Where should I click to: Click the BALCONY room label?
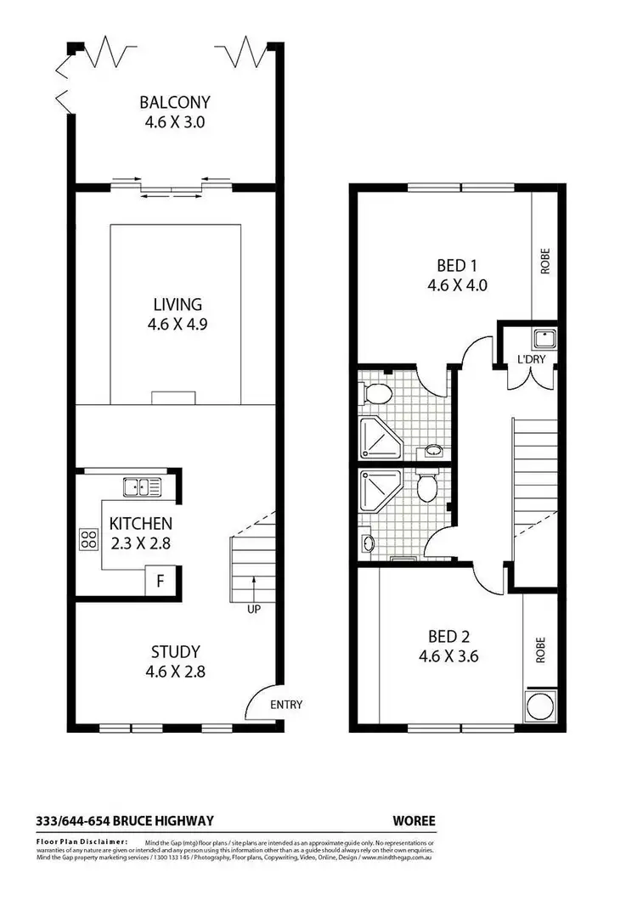click(x=175, y=103)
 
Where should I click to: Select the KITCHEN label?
click(x=139, y=524)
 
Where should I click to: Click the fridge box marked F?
click(x=159, y=583)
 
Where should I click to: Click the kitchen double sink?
click(x=143, y=487)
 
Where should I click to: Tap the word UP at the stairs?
click(x=253, y=610)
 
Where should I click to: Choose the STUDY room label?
click(x=175, y=652)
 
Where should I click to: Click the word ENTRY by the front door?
click(x=285, y=705)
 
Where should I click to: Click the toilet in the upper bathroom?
click(x=376, y=393)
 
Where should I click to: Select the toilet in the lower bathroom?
click(x=426, y=487)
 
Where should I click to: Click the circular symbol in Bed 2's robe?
click(x=538, y=706)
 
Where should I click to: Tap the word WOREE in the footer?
click(x=414, y=820)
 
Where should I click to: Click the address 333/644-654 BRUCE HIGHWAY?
click(x=125, y=820)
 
